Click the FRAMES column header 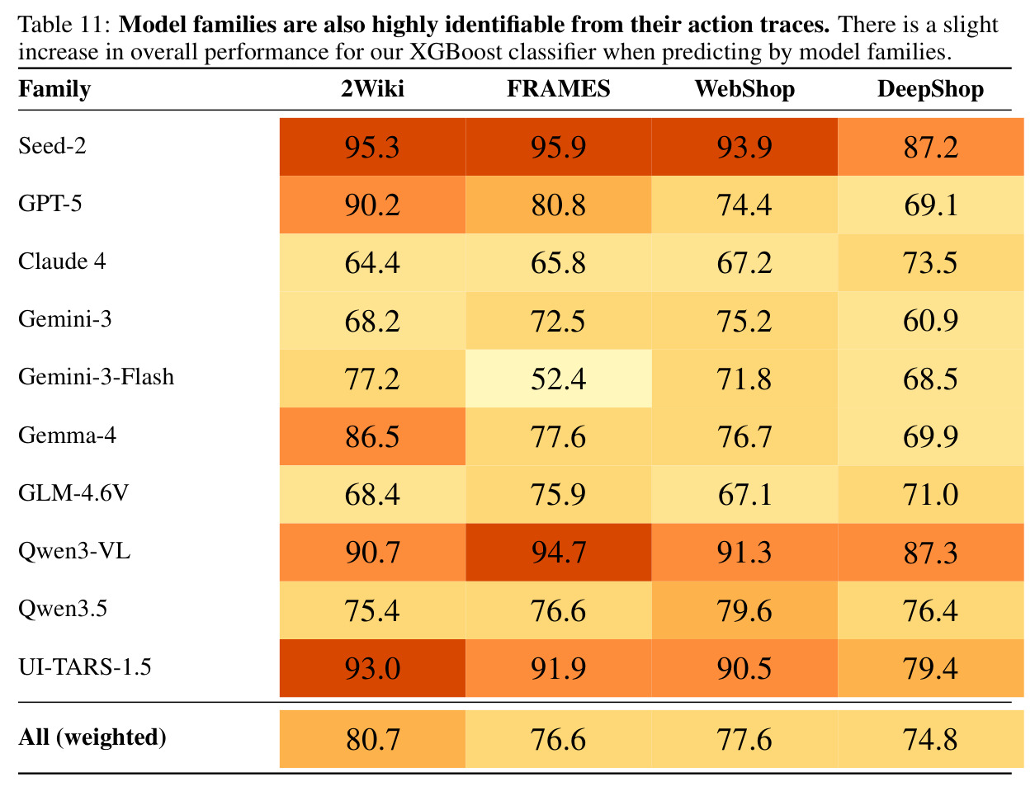[558, 88]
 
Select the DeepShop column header [930, 89]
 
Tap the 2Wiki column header [372, 88]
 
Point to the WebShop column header [744, 89]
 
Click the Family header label [54, 90]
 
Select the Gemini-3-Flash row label [97, 377]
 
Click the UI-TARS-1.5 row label [85, 667]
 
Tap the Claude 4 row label [62, 261]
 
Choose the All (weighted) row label [92, 737]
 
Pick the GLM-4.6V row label [73, 493]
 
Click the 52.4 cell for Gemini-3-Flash [558, 379]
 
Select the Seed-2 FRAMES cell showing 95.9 [558, 147]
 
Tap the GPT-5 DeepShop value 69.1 [930, 205]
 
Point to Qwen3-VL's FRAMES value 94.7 [558, 552]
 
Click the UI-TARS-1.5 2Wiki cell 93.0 [372, 668]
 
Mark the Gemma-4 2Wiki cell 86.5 [372, 436]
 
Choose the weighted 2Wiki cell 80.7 [372, 739]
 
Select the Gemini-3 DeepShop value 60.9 [930, 321]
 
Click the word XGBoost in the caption [456, 52]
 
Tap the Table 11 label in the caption [64, 25]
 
